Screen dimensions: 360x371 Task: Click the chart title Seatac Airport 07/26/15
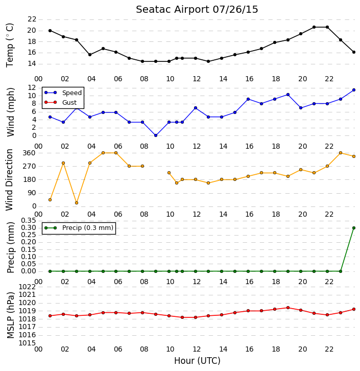pos(197,10)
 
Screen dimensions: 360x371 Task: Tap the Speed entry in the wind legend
pos(63,93)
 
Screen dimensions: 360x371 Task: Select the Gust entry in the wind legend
pos(61,102)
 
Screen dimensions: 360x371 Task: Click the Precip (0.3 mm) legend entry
pos(79,228)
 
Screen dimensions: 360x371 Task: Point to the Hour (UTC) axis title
pos(197,361)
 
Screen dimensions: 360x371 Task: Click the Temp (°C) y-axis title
pos(10,45)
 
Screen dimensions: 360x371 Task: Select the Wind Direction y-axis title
pos(9,180)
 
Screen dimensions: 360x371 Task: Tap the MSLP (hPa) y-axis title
pos(11,315)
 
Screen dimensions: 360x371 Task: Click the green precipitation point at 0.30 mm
pos(354,228)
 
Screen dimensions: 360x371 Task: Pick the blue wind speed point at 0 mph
pos(156,135)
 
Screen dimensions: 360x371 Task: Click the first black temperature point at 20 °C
pos(50,31)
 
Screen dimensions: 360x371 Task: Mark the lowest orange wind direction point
pos(77,203)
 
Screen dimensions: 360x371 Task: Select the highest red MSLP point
pos(288,308)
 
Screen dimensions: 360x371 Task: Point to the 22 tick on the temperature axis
pos(32,19)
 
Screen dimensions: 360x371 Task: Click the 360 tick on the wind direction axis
pos(29,153)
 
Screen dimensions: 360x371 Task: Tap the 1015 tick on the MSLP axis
pos(27,343)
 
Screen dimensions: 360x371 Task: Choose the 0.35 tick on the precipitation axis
pos(29,221)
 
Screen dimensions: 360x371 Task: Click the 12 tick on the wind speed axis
pos(32,88)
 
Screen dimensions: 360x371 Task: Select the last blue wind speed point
pos(354,90)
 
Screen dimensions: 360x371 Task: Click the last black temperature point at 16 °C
pos(354,52)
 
